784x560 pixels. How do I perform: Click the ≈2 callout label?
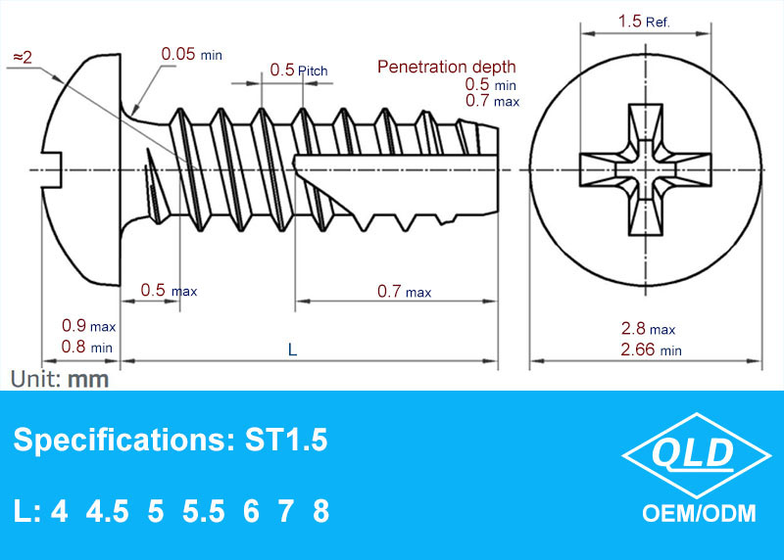click(x=23, y=58)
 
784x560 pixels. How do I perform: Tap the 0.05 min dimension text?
click(x=191, y=54)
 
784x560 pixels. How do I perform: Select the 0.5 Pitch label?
click(x=299, y=70)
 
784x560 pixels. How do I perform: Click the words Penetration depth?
click(x=447, y=67)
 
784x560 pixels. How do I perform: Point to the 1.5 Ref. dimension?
click(x=644, y=22)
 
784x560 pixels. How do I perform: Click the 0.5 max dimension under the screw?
click(x=169, y=290)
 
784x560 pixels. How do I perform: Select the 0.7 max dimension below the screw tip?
click(x=404, y=291)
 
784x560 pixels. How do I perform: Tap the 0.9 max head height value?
click(x=88, y=326)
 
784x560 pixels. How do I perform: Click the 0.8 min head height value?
click(x=87, y=347)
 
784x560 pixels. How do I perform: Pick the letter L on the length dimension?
click(x=292, y=350)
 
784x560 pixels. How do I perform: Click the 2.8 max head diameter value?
click(x=648, y=329)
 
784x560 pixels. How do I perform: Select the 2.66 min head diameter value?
click(x=651, y=350)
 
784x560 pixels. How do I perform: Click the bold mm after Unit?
click(x=88, y=380)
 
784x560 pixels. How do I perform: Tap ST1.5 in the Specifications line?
click(x=286, y=441)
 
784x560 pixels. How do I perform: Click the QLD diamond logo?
click(x=696, y=455)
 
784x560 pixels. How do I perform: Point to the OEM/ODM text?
click(x=699, y=514)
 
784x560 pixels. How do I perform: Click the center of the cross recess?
click(x=646, y=169)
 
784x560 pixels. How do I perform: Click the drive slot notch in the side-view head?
click(x=52, y=169)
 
